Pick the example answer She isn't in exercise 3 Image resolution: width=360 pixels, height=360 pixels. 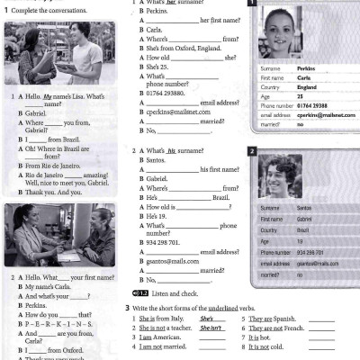point(212,329)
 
